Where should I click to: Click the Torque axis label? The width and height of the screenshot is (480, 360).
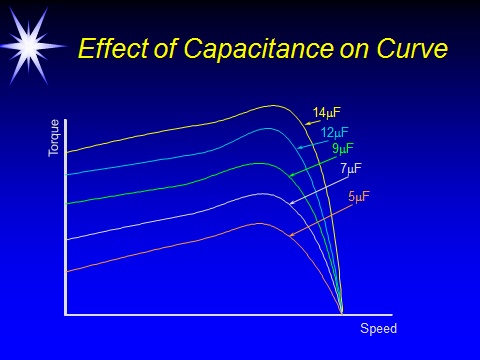pyautogui.click(x=55, y=137)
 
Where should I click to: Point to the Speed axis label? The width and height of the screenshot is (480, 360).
pyautogui.click(x=378, y=329)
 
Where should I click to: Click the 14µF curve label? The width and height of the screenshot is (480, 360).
pyautogui.click(x=327, y=113)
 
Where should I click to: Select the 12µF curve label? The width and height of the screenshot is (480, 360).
pyautogui.click(x=335, y=133)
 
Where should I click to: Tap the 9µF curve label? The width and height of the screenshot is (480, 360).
pyautogui.click(x=343, y=149)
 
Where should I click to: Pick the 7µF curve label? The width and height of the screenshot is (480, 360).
pyautogui.click(x=351, y=168)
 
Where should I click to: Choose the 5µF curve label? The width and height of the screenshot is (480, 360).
pyautogui.click(x=359, y=196)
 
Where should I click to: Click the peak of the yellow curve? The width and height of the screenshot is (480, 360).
pyautogui.click(x=272, y=105)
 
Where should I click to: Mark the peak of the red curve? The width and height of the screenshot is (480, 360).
pyautogui.click(x=258, y=223)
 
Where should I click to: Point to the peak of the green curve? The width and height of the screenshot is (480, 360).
pyautogui.click(x=261, y=163)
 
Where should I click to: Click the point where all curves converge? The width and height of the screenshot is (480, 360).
pyautogui.click(x=342, y=313)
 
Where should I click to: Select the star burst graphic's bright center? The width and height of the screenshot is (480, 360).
pyautogui.click(x=28, y=41)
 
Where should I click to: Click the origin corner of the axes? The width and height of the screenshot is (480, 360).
pyautogui.click(x=66, y=314)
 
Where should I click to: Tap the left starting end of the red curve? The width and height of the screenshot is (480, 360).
pyautogui.click(x=67, y=271)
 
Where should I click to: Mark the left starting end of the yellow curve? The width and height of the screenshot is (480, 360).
pyautogui.click(x=67, y=153)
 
